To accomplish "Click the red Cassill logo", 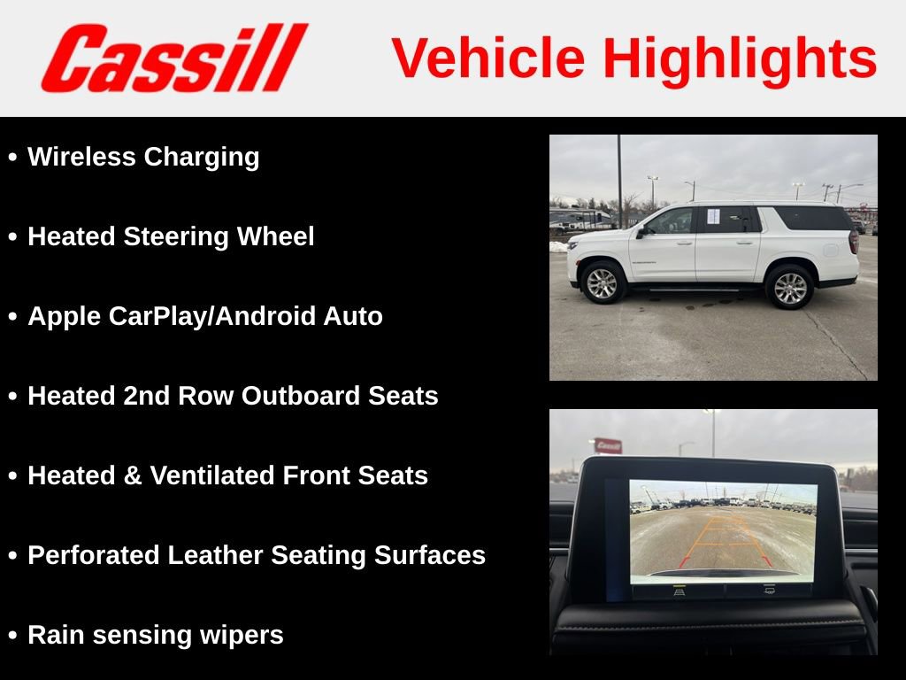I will [x=173, y=58].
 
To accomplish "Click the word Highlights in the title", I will [x=740, y=58].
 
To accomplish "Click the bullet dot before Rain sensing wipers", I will [x=12, y=636].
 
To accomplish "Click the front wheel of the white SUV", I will [x=603, y=282].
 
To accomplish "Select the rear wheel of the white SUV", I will [x=789, y=287].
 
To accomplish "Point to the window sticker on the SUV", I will [x=713, y=216].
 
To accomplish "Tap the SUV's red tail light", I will [x=853, y=241].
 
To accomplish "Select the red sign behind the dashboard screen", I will [x=607, y=445].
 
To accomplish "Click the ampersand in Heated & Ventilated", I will [x=132, y=475].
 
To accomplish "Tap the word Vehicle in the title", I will [x=488, y=58].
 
